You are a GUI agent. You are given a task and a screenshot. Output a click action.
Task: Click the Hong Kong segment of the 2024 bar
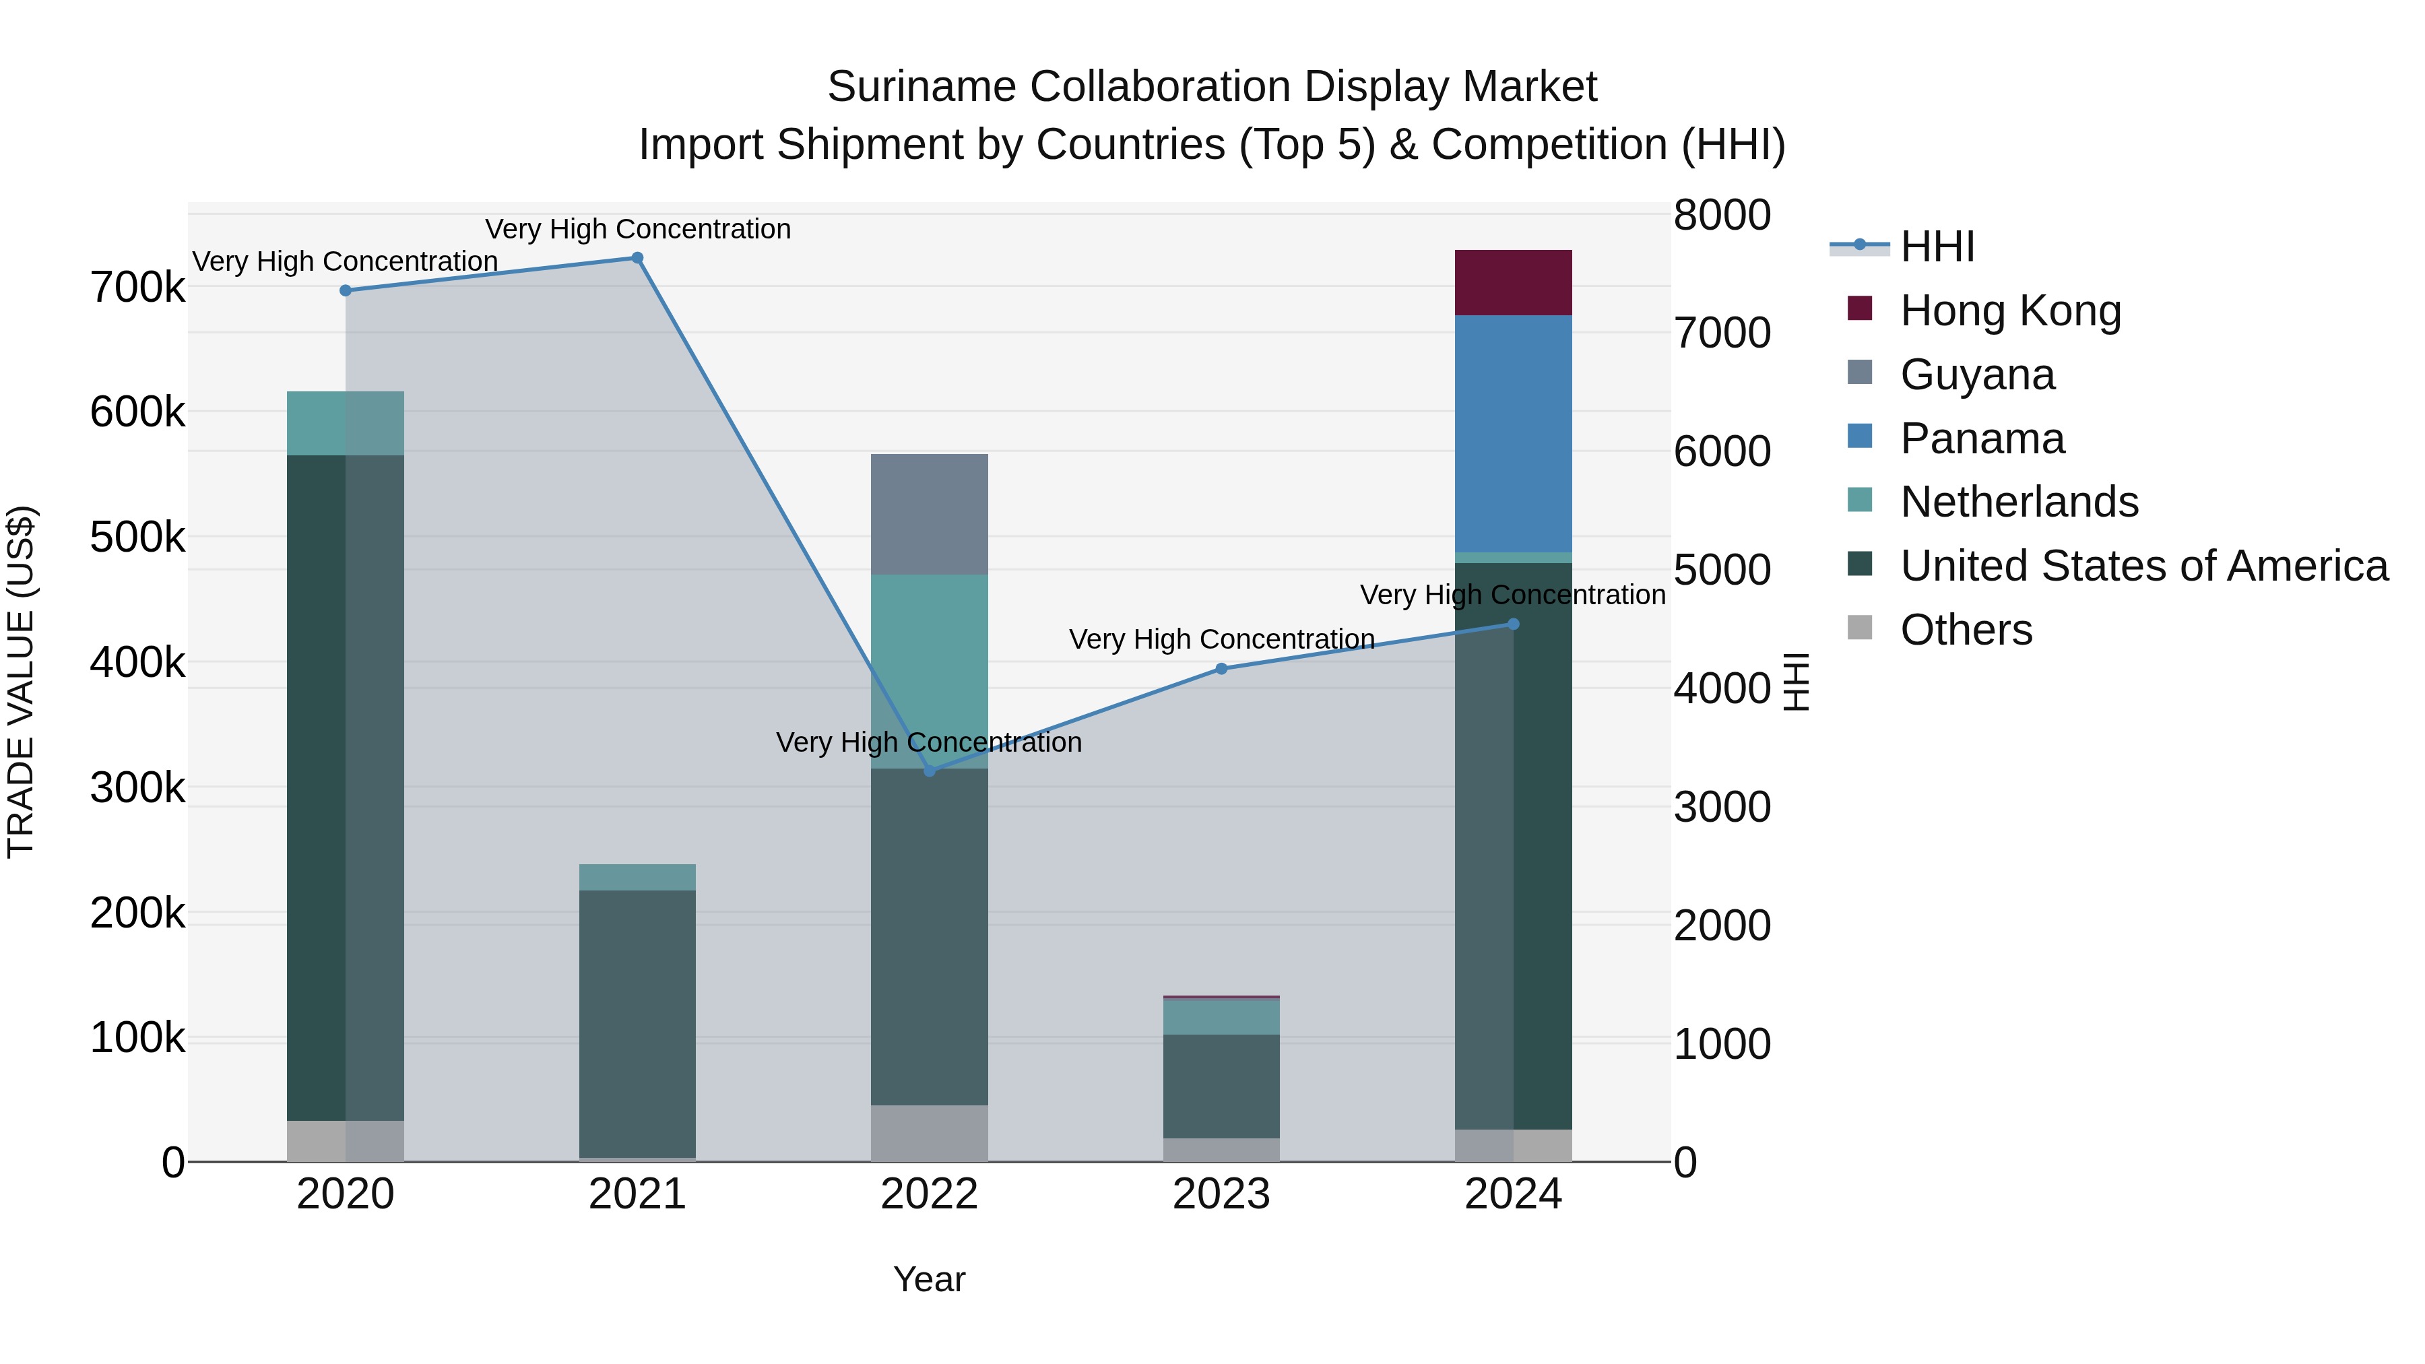(x=1513, y=282)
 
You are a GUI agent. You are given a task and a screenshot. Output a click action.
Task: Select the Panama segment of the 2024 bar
(x=1513, y=433)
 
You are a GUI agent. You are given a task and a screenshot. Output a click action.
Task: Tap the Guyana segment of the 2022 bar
(x=929, y=514)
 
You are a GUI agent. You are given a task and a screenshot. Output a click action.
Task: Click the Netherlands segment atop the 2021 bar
(x=637, y=876)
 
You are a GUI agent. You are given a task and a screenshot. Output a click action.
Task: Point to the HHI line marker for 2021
(x=637, y=258)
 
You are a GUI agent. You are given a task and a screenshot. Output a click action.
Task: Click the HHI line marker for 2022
(x=929, y=771)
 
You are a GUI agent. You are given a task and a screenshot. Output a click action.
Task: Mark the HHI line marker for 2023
(x=1221, y=668)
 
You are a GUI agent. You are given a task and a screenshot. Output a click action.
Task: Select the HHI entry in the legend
(x=1937, y=247)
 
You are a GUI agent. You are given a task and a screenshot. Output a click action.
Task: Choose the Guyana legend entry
(x=1977, y=375)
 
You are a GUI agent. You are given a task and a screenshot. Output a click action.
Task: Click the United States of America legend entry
(x=2143, y=566)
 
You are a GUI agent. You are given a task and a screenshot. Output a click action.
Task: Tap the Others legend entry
(x=1966, y=630)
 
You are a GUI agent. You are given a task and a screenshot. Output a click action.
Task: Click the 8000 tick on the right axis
(x=1721, y=215)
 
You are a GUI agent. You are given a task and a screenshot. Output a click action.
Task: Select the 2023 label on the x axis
(x=1221, y=1194)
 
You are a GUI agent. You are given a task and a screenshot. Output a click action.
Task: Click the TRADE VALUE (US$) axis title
(x=21, y=682)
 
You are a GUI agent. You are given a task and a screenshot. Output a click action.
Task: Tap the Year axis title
(x=929, y=1279)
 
